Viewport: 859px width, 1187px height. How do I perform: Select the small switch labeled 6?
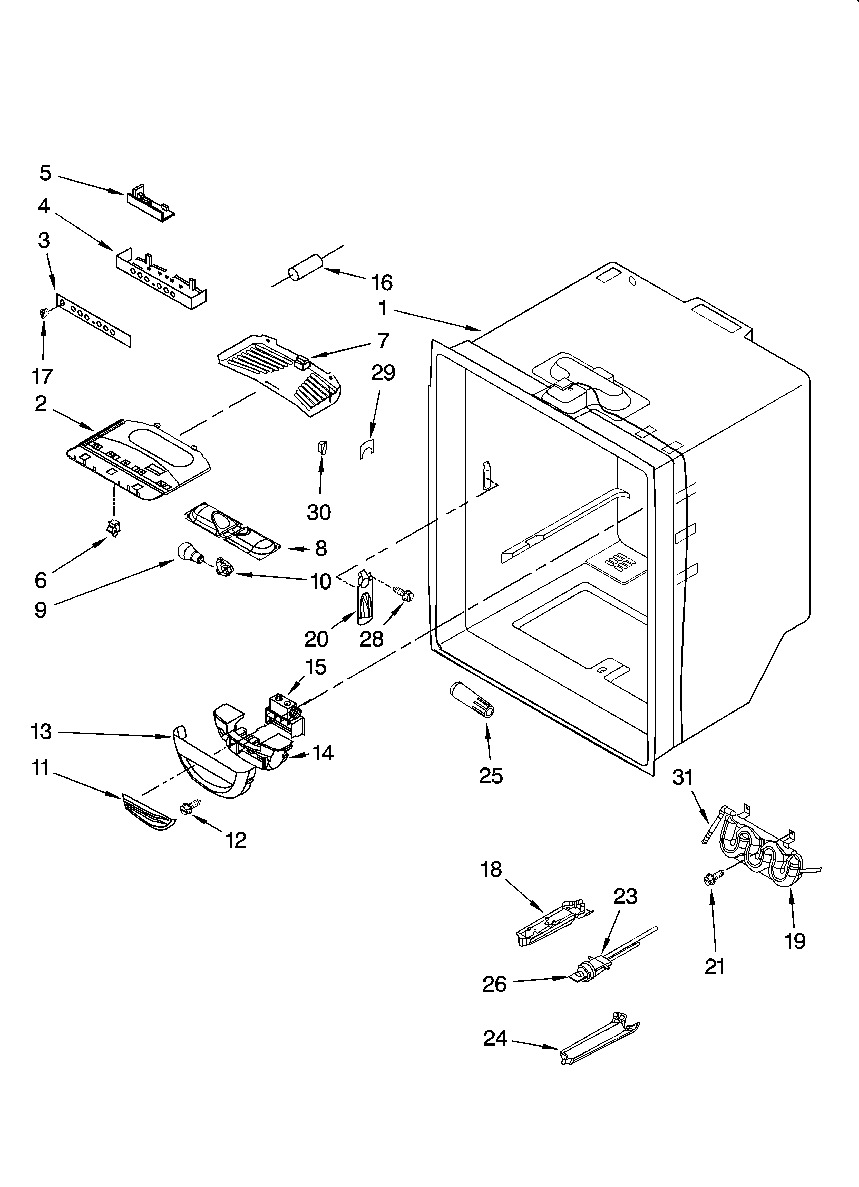[x=112, y=528]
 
